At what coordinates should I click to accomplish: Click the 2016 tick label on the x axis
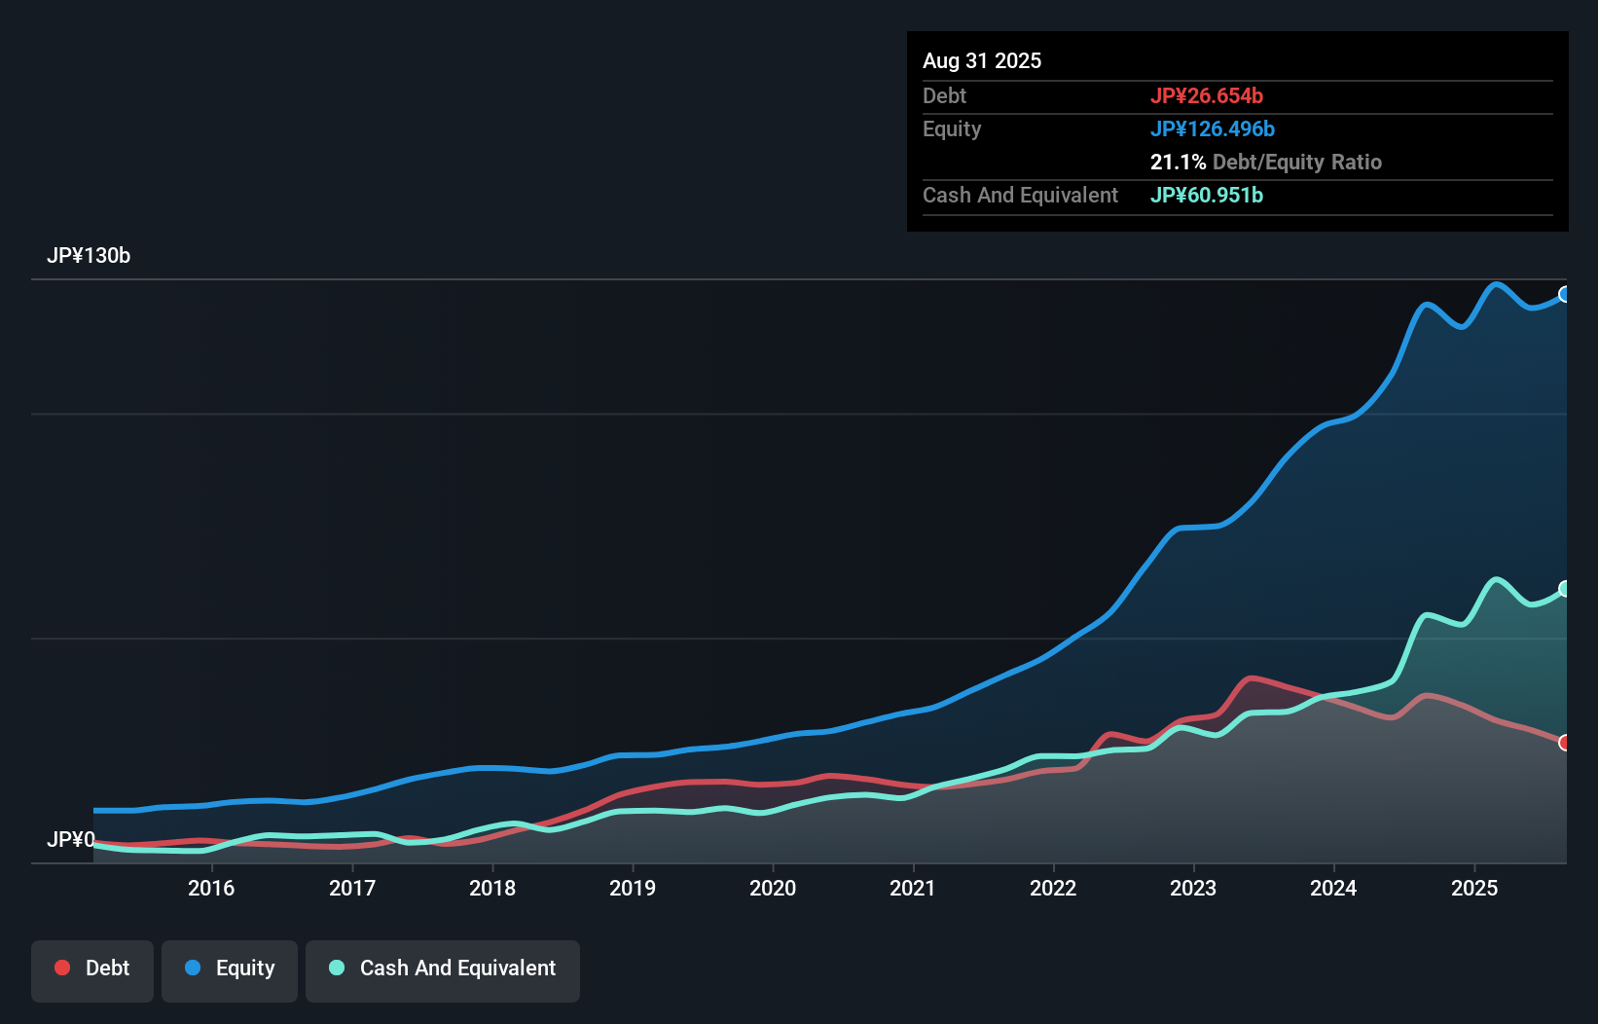211,888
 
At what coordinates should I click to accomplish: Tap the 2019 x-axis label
633,888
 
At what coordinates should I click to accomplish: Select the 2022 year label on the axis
1053,888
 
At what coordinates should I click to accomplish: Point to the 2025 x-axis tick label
1474,888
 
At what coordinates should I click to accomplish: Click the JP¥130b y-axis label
89,256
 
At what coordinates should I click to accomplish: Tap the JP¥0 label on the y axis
70,839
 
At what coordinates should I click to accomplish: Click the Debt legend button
92,969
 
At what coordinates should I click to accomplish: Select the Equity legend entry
230,969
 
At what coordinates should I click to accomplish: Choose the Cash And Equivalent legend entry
443,969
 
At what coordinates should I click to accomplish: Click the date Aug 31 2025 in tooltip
982,60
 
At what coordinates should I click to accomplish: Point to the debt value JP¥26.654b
1206,95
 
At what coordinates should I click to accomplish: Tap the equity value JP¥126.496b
1212,128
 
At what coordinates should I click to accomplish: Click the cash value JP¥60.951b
1206,195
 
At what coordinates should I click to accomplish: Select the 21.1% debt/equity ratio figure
1178,162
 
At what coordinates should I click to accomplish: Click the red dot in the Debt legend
62,968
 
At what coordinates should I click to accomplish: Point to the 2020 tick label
773,888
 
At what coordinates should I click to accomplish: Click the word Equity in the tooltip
952,128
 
